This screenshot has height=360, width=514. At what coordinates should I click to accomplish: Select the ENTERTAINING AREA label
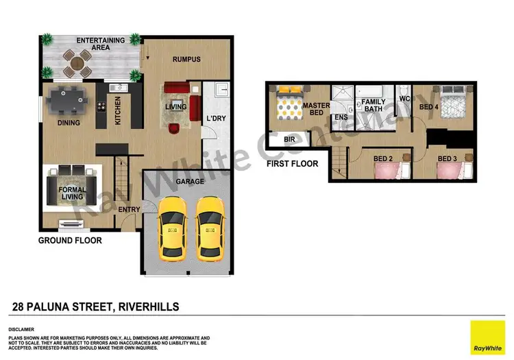(100, 44)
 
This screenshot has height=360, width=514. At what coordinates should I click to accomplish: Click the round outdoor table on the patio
(77, 64)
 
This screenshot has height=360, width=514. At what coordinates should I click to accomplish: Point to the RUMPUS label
(186, 60)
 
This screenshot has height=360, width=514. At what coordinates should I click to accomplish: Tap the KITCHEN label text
(118, 110)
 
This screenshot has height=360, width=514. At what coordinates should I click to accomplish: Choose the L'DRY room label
(216, 118)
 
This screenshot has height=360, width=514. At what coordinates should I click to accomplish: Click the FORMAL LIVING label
(72, 193)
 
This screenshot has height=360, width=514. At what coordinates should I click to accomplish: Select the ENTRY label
(129, 210)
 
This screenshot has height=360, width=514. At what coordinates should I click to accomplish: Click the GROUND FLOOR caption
(70, 241)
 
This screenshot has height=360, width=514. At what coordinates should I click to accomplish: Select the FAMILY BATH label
(374, 106)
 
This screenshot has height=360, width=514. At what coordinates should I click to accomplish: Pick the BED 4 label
(428, 106)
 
